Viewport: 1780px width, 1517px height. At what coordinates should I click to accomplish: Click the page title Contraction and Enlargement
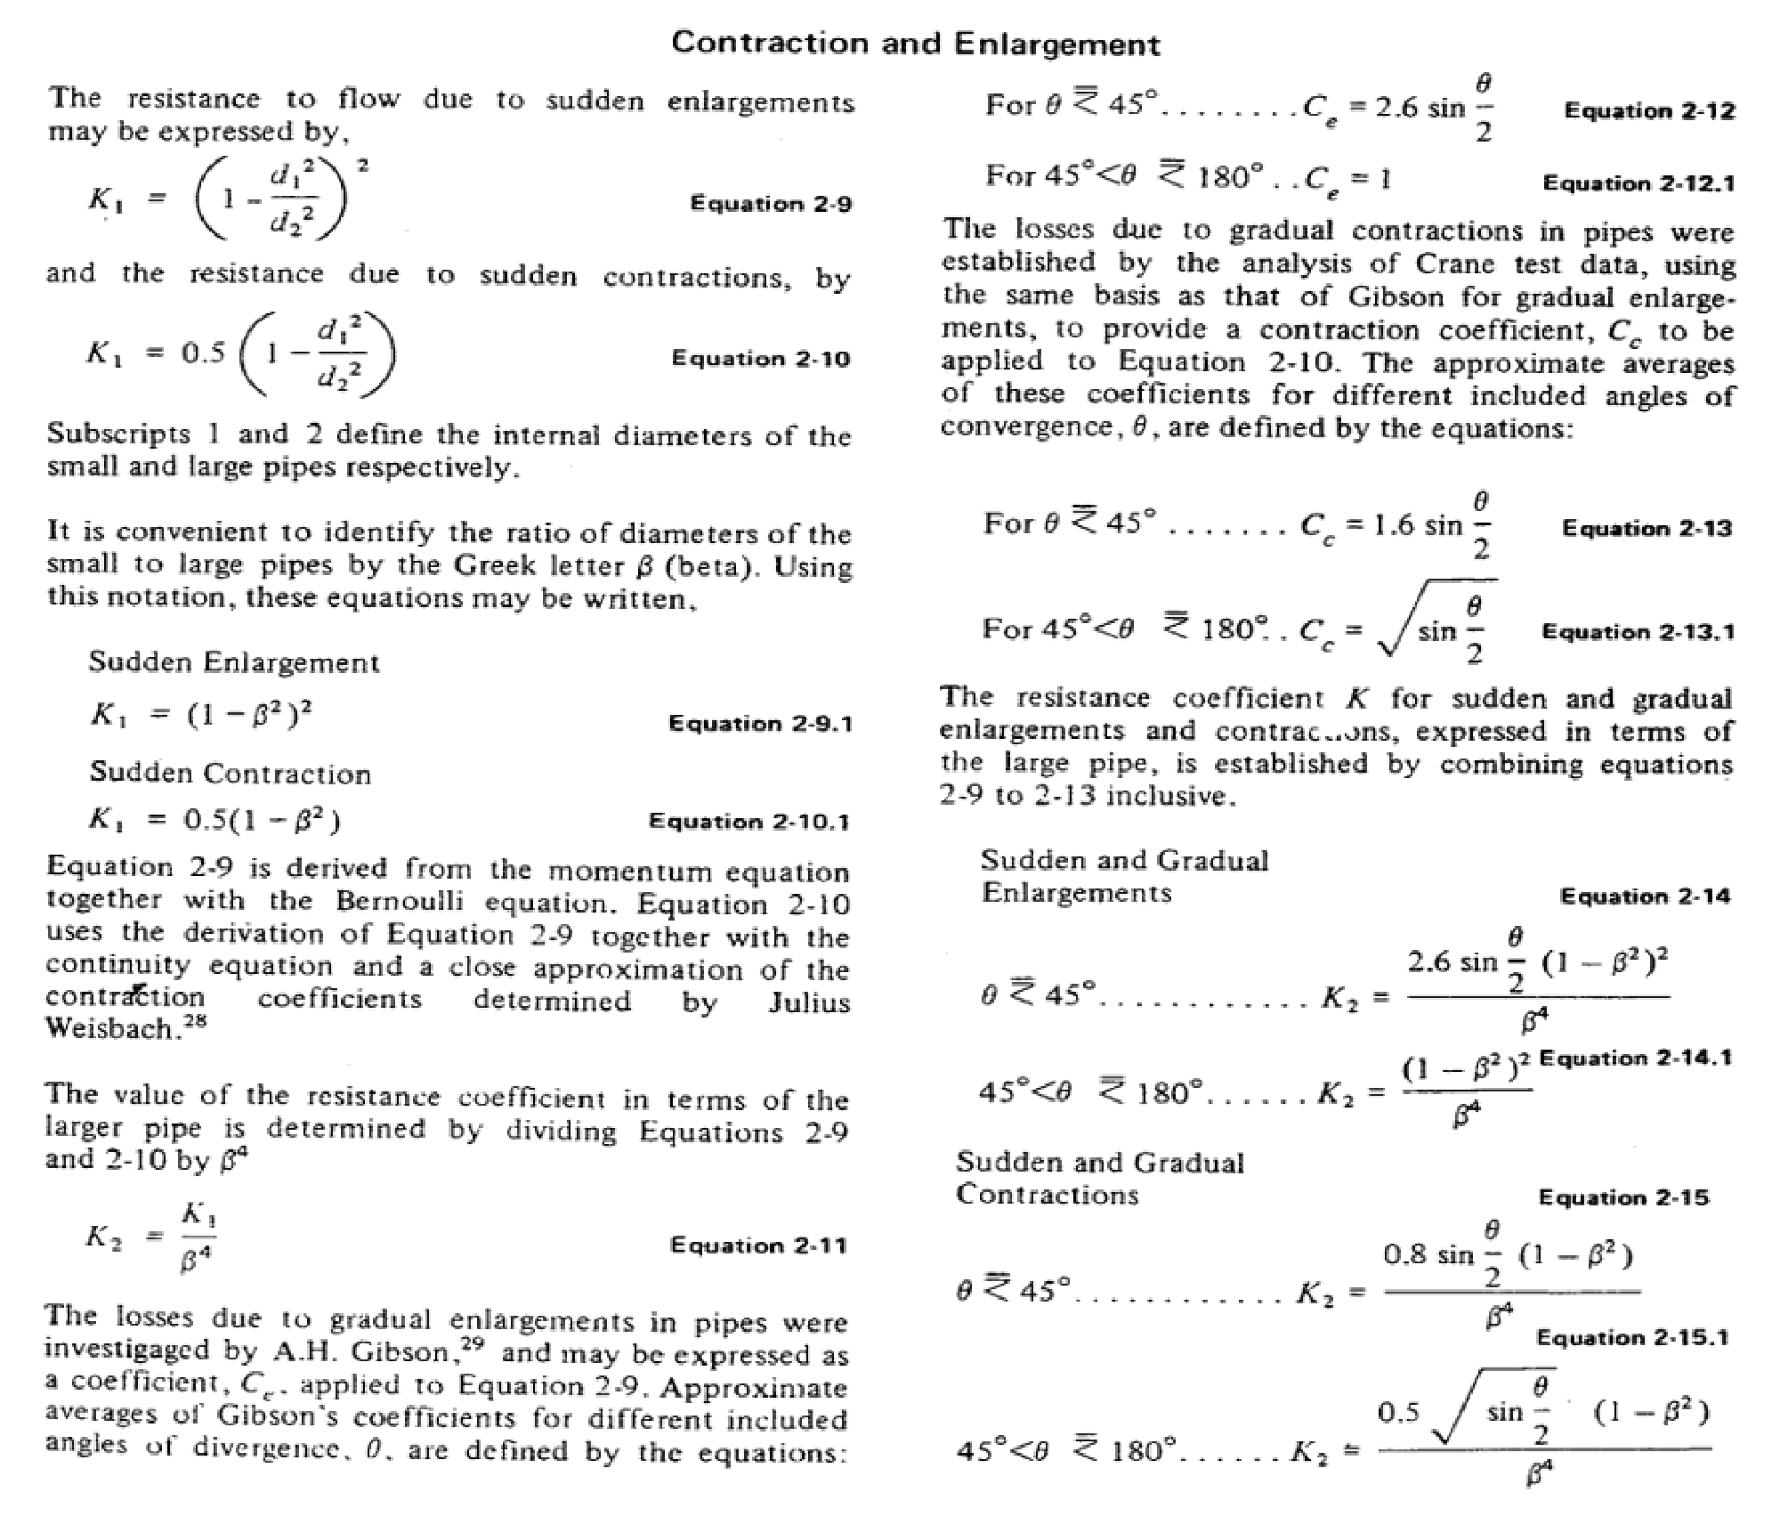pos(916,43)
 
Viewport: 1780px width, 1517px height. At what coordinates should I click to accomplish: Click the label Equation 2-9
pos(771,204)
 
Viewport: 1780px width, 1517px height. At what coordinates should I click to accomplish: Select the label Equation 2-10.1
pos(748,821)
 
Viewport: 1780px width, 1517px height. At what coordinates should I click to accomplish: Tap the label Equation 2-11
pos(758,1245)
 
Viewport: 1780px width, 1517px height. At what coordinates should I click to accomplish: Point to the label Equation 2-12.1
pos(1638,183)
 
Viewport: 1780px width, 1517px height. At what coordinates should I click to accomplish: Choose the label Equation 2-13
pos(1647,529)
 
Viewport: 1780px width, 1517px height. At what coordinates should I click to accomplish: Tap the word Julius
pos(808,1002)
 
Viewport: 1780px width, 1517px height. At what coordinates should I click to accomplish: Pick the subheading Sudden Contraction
pos(230,773)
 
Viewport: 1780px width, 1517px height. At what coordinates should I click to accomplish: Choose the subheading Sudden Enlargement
pos(234,662)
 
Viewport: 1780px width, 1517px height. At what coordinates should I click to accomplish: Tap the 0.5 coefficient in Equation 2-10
pos(204,353)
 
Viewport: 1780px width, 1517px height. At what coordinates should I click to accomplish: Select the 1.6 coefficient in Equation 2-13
pos(1394,525)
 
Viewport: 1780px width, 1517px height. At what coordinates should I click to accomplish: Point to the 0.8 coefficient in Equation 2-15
pos(1404,1255)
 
